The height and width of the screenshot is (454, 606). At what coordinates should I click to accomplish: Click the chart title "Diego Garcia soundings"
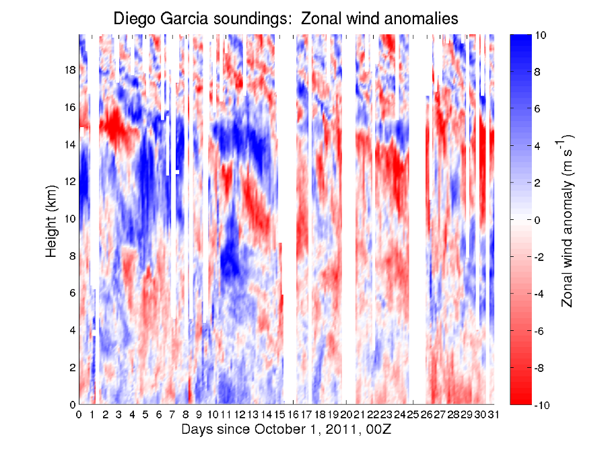tap(203, 19)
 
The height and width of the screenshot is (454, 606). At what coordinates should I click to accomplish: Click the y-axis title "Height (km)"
tap(51, 221)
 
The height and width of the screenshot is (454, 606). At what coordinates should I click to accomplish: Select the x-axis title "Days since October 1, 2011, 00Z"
tap(286, 429)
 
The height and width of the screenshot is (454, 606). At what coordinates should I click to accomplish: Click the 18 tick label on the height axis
tap(69, 70)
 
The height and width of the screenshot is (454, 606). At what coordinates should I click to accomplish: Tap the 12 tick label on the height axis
tap(69, 182)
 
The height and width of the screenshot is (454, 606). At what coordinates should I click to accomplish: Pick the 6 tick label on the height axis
tap(72, 293)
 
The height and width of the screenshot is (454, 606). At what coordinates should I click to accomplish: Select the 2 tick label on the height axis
tap(72, 367)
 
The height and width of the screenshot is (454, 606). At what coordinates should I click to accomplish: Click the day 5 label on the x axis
tap(145, 415)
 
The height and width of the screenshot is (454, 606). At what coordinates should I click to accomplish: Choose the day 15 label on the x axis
tap(279, 415)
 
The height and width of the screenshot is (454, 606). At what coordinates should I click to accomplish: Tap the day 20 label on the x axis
tap(346, 415)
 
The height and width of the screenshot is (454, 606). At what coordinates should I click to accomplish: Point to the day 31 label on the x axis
tap(493, 415)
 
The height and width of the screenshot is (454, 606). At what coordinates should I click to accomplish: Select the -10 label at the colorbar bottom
tap(542, 405)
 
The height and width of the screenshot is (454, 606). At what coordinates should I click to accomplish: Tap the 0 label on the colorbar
tap(537, 220)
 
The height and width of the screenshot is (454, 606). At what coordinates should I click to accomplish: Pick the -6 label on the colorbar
tap(539, 331)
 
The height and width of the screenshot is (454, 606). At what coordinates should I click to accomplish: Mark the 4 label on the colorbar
tap(537, 147)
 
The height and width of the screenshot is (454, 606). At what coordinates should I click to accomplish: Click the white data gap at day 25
tap(417, 220)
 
